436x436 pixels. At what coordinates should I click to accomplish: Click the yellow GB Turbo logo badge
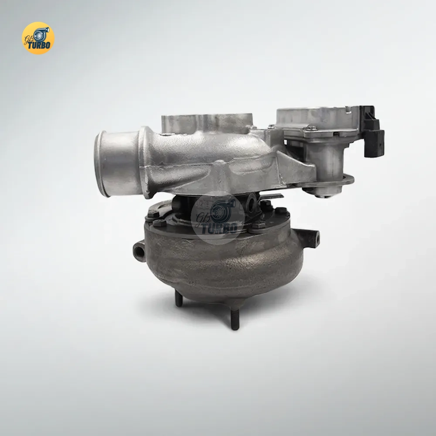pos(38,38)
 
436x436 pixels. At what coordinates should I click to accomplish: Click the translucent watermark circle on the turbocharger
pos(218,218)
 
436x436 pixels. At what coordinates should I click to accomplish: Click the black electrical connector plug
pos(372,131)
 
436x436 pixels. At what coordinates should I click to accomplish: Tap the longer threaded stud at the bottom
pos(235,320)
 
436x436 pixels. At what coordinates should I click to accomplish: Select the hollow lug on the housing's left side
pos(140,252)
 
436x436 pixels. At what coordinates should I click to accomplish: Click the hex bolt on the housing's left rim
pos(159,223)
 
